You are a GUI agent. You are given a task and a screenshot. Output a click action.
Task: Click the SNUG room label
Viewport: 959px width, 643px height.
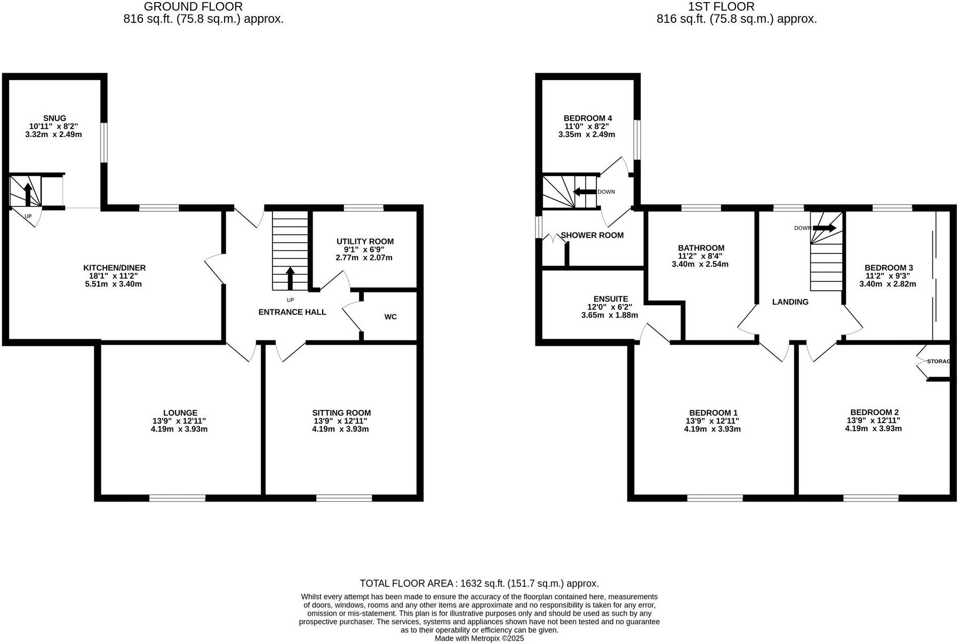pyautogui.click(x=54, y=118)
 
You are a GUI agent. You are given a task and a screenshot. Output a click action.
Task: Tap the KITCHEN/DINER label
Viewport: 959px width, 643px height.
pyautogui.click(x=114, y=268)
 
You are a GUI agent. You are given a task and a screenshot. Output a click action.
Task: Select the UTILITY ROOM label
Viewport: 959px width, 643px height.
pyautogui.click(x=365, y=241)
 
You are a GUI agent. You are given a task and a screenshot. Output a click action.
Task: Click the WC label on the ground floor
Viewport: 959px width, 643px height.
pyautogui.click(x=390, y=317)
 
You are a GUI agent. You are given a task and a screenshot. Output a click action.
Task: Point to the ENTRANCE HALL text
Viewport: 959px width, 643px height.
pyautogui.click(x=292, y=312)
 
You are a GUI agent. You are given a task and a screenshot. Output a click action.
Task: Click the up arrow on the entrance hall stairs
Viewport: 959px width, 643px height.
pyautogui.click(x=290, y=278)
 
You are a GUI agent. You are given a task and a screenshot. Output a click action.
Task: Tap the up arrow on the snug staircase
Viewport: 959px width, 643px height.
pyautogui.click(x=28, y=193)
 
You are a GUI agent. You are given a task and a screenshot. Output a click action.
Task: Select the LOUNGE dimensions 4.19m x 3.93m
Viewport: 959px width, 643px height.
pyautogui.click(x=179, y=429)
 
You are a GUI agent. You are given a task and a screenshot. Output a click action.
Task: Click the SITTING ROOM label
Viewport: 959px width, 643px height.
pyautogui.click(x=341, y=412)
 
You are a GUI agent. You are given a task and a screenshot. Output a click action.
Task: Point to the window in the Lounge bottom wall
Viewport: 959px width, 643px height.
pyautogui.click(x=177, y=498)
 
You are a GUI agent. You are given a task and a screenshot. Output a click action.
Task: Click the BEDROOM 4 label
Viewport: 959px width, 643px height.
pyautogui.click(x=587, y=118)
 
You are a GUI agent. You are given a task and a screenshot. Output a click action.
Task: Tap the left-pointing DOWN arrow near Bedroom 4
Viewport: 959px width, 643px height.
pyautogui.click(x=584, y=192)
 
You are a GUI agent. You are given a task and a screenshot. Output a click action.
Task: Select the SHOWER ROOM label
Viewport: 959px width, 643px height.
pyautogui.click(x=592, y=235)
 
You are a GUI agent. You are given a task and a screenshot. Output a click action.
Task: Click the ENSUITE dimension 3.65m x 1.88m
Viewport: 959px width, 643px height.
pyautogui.click(x=609, y=315)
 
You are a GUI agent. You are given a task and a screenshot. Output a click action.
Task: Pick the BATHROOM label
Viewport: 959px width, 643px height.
pyautogui.click(x=701, y=248)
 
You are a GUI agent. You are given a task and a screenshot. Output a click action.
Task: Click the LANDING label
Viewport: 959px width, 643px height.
pyautogui.click(x=790, y=302)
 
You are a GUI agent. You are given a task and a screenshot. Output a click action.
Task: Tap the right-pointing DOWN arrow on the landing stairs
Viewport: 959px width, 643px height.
pyautogui.click(x=824, y=228)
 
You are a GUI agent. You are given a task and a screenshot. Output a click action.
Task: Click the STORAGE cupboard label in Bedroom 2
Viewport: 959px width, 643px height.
pyautogui.click(x=938, y=361)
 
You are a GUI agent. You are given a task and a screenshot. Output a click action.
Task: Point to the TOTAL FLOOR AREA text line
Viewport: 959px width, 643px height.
pyautogui.click(x=479, y=583)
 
